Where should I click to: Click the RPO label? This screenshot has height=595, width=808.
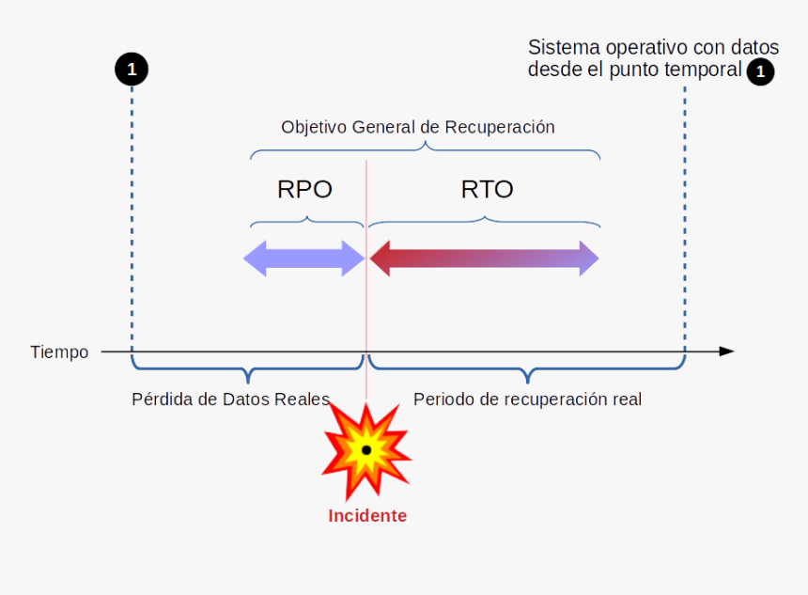304,189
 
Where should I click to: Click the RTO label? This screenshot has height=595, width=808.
487,189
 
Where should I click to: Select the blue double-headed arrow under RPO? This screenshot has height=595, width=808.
304,258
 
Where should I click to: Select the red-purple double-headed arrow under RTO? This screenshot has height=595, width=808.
484,258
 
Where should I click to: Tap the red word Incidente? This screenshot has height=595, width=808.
367,516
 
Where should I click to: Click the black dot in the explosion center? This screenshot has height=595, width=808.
366,450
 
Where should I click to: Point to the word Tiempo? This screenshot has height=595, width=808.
59,352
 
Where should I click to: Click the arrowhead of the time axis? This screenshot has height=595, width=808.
725,352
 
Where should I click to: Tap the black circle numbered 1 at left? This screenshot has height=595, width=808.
132,69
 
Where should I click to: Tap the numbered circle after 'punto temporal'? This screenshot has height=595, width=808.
760,71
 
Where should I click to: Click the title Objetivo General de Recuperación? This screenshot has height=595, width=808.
418,127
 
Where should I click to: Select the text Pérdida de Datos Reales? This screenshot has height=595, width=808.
230,399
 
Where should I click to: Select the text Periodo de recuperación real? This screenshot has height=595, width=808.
527,399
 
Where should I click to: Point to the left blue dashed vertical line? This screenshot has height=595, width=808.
132,216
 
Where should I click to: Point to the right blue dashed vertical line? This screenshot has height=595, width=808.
685,216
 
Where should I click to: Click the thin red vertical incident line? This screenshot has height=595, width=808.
366,310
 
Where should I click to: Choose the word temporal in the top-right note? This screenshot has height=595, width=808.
707,70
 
